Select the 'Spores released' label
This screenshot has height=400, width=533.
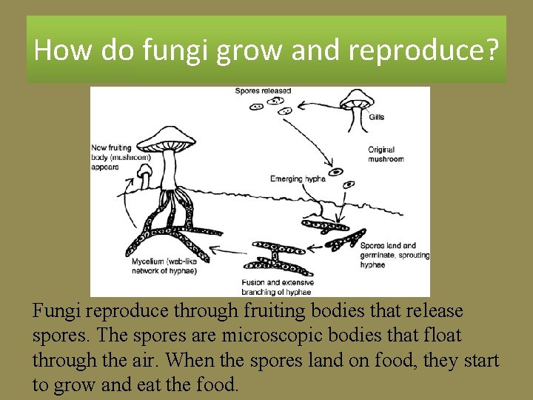[x=263, y=91]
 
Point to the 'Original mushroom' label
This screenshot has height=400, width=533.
[x=386, y=154]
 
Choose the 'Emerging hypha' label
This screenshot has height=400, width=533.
[x=295, y=179]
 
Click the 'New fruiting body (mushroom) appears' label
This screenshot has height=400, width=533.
[x=121, y=157]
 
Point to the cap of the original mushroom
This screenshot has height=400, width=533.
[x=355, y=99]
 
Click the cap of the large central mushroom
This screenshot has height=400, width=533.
[x=171, y=136]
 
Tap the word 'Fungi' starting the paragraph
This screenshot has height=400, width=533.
[x=55, y=310]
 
